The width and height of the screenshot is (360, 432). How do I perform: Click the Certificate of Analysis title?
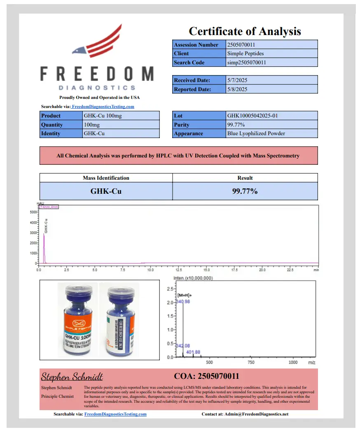click(x=245, y=31)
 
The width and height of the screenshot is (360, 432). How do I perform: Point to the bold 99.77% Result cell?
click(x=245, y=191)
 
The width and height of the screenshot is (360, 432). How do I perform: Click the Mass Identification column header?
click(x=106, y=178)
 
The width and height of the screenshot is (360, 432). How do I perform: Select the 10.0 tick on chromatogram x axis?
click(x=150, y=270)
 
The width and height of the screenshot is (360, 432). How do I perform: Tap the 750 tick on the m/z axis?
click(x=252, y=363)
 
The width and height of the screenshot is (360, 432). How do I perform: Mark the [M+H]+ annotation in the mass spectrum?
click(x=185, y=296)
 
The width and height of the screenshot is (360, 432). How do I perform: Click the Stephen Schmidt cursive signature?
click(x=72, y=377)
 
